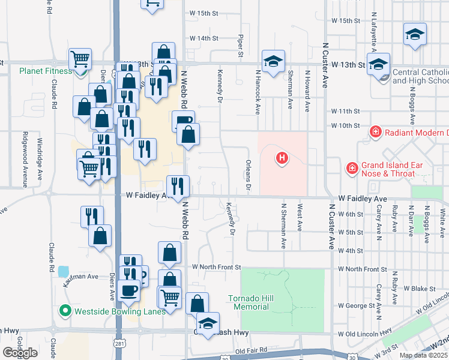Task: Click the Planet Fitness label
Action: (x=45, y=71)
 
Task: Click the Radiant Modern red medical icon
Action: (x=375, y=132)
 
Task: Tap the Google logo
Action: (x=20, y=353)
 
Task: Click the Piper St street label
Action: (x=241, y=46)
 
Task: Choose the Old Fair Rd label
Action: (x=251, y=350)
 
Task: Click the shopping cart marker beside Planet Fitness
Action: (x=80, y=59)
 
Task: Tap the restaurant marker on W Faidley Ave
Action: (x=178, y=186)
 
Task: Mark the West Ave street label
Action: (x=300, y=219)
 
